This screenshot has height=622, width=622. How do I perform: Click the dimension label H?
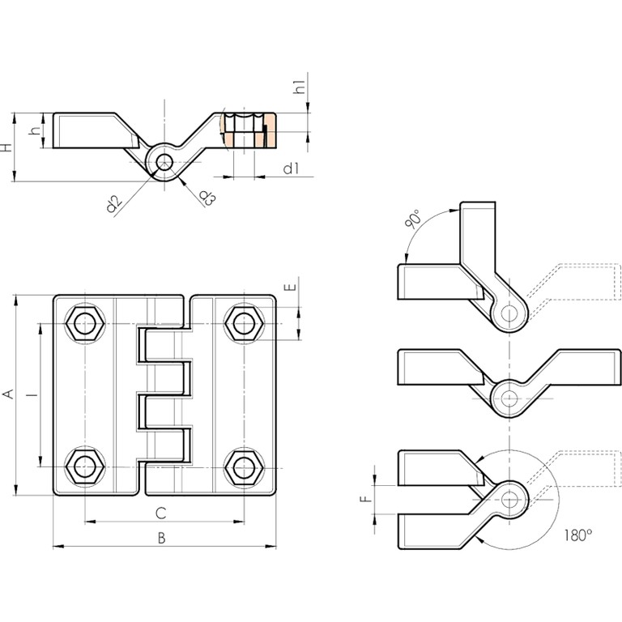6,147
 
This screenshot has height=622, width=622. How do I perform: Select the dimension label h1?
299,87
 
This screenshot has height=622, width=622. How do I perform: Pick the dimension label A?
8,394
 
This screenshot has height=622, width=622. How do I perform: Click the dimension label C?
161,512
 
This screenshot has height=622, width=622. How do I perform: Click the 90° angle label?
413,219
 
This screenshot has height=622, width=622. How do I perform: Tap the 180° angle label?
578,535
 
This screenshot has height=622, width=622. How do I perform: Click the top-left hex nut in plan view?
83,323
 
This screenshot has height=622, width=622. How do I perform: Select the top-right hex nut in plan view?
242,323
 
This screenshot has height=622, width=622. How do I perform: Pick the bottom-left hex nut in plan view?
83,466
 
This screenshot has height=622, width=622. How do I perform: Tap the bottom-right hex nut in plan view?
242,466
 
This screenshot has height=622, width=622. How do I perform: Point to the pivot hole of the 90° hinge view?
509,313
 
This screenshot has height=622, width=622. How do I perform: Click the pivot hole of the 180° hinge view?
509,499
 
